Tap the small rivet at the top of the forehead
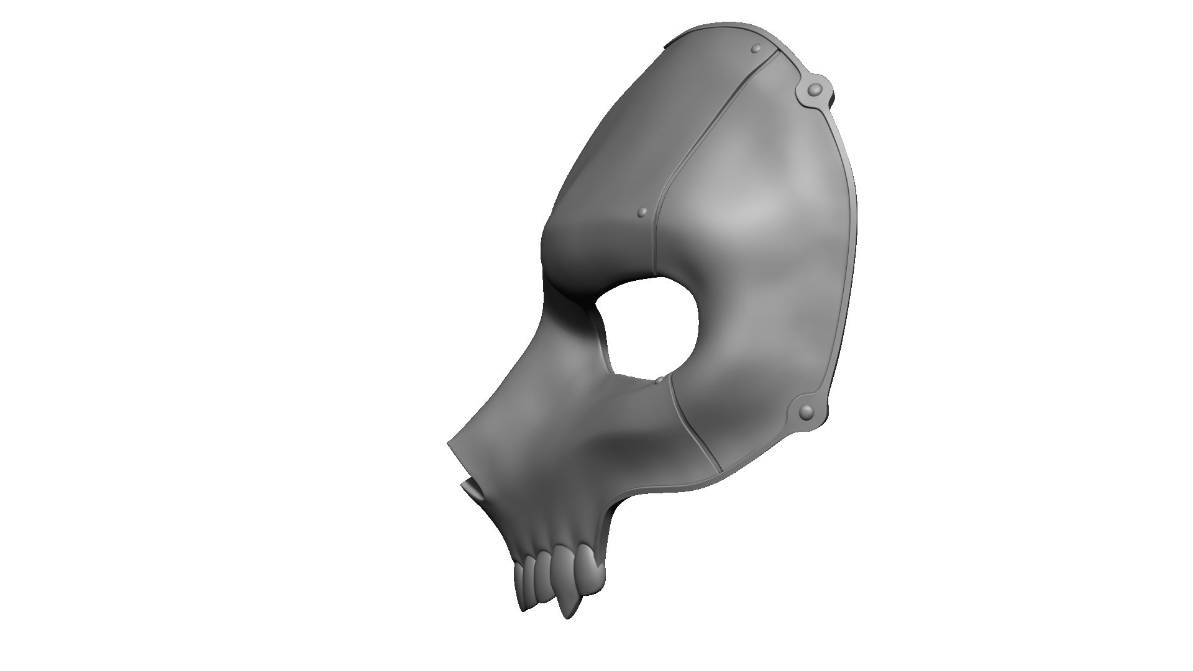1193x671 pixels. click(x=756, y=48)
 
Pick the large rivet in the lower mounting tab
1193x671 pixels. click(x=806, y=411)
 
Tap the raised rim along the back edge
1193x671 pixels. click(x=848, y=249)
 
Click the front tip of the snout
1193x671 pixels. click(x=450, y=445)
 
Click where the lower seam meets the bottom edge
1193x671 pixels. click(x=721, y=469)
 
